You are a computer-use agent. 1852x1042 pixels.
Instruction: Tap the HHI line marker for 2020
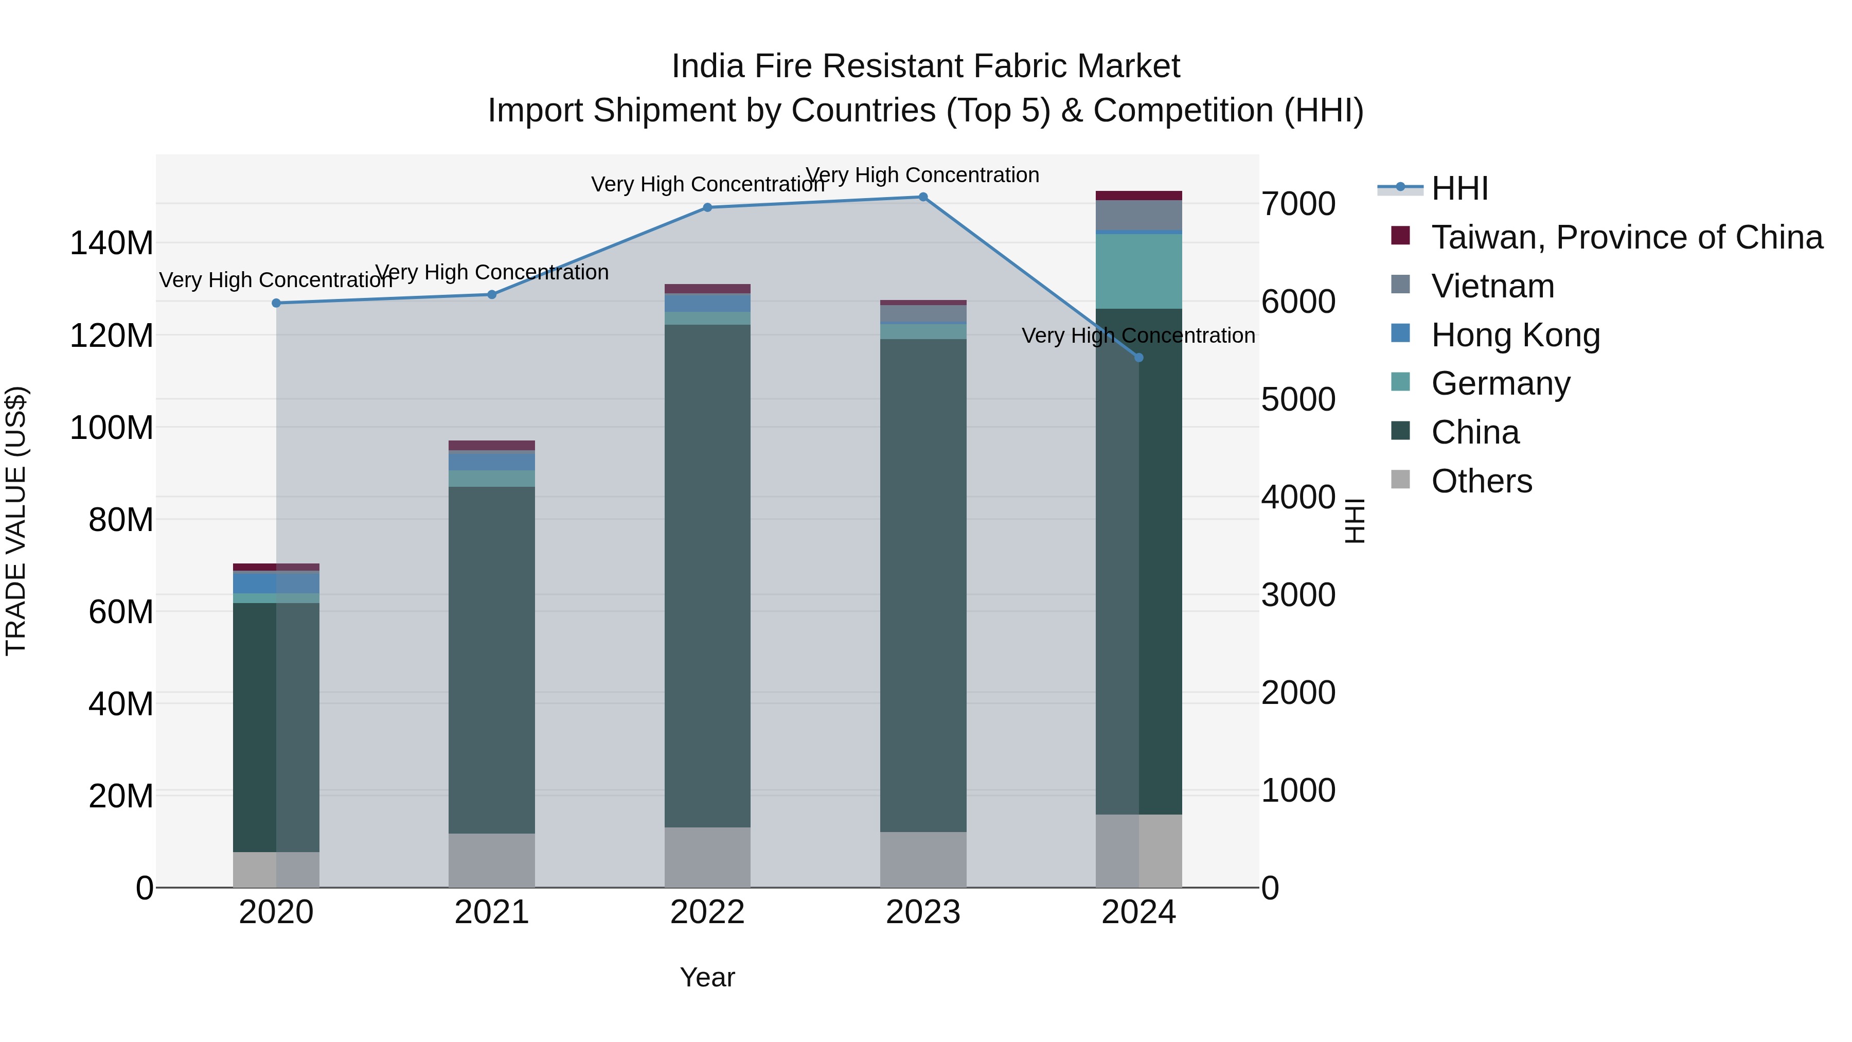pyautogui.click(x=276, y=303)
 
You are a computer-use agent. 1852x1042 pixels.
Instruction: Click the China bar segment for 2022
pyautogui.click(x=707, y=575)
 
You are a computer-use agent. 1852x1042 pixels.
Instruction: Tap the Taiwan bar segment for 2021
pyautogui.click(x=491, y=445)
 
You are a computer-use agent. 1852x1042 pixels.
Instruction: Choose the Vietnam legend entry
pyautogui.click(x=1492, y=286)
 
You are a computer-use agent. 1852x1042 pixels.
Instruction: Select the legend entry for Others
pyautogui.click(x=1481, y=481)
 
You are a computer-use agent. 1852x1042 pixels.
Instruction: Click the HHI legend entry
pyautogui.click(x=1459, y=188)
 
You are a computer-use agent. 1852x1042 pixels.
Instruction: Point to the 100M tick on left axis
pyautogui.click(x=112, y=428)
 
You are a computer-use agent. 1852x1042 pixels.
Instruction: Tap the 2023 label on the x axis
pyautogui.click(x=922, y=912)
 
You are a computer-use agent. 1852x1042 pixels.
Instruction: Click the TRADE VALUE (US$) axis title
pyautogui.click(x=16, y=521)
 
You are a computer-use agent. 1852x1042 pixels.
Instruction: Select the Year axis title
pyautogui.click(x=707, y=977)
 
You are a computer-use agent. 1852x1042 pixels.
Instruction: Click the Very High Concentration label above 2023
pyautogui.click(x=922, y=175)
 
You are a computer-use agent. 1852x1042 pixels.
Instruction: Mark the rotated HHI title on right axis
pyautogui.click(x=1355, y=521)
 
